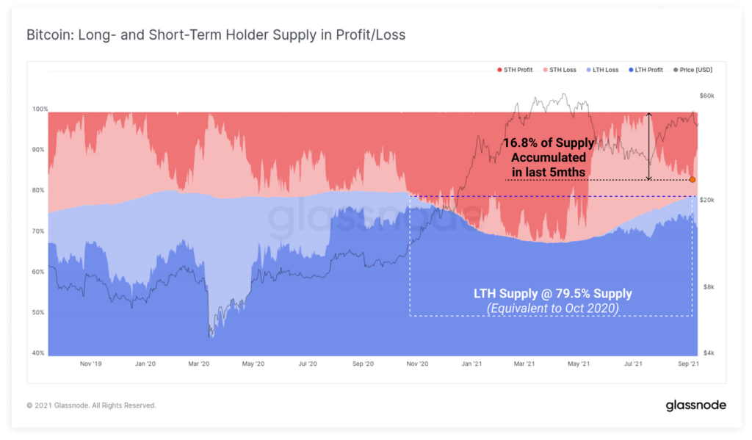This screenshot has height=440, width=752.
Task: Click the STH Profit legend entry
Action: click(x=516, y=70)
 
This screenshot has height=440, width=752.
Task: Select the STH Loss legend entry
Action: click(x=563, y=70)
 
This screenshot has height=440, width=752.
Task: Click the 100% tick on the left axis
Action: click(x=39, y=109)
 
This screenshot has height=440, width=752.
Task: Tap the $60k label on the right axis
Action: click(x=706, y=96)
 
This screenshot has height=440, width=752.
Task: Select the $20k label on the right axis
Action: click(x=706, y=200)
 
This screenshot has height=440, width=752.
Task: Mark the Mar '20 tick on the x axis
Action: click(x=199, y=364)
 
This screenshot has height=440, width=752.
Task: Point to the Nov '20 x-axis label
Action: click(x=417, y=364)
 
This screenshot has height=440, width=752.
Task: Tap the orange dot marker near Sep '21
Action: click(x=693, y=179)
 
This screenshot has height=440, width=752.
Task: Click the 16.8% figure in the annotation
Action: click(x=520, y=143)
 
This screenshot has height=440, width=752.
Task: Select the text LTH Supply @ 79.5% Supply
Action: click(x=552, y=294)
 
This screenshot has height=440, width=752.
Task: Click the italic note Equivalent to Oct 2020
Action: click(x=552, y=309)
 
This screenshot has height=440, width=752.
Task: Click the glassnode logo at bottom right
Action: click(x=696, y=405)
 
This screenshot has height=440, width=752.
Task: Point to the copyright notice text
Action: click(x=91, y=405)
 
